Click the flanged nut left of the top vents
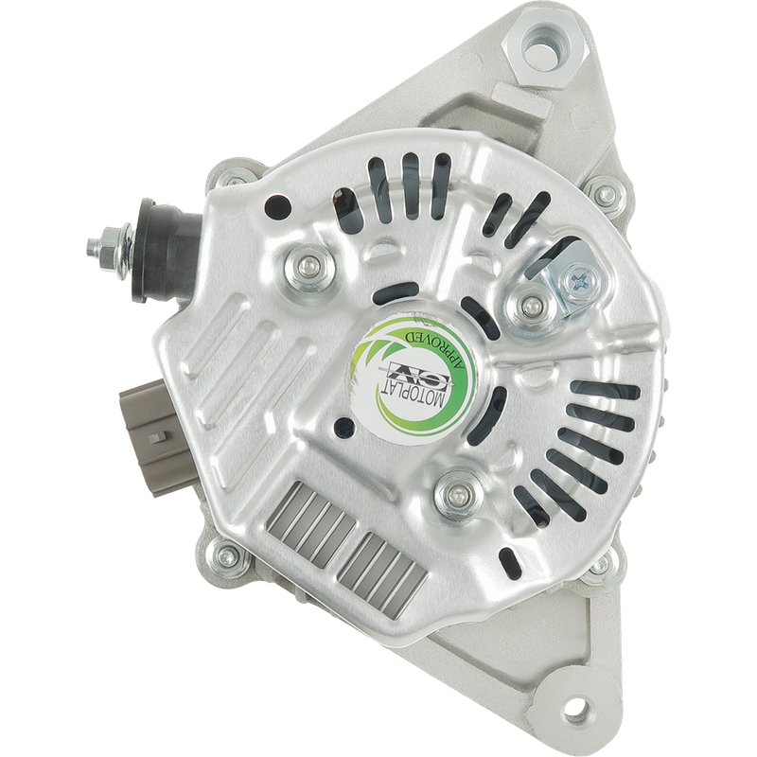click(305, 269)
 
